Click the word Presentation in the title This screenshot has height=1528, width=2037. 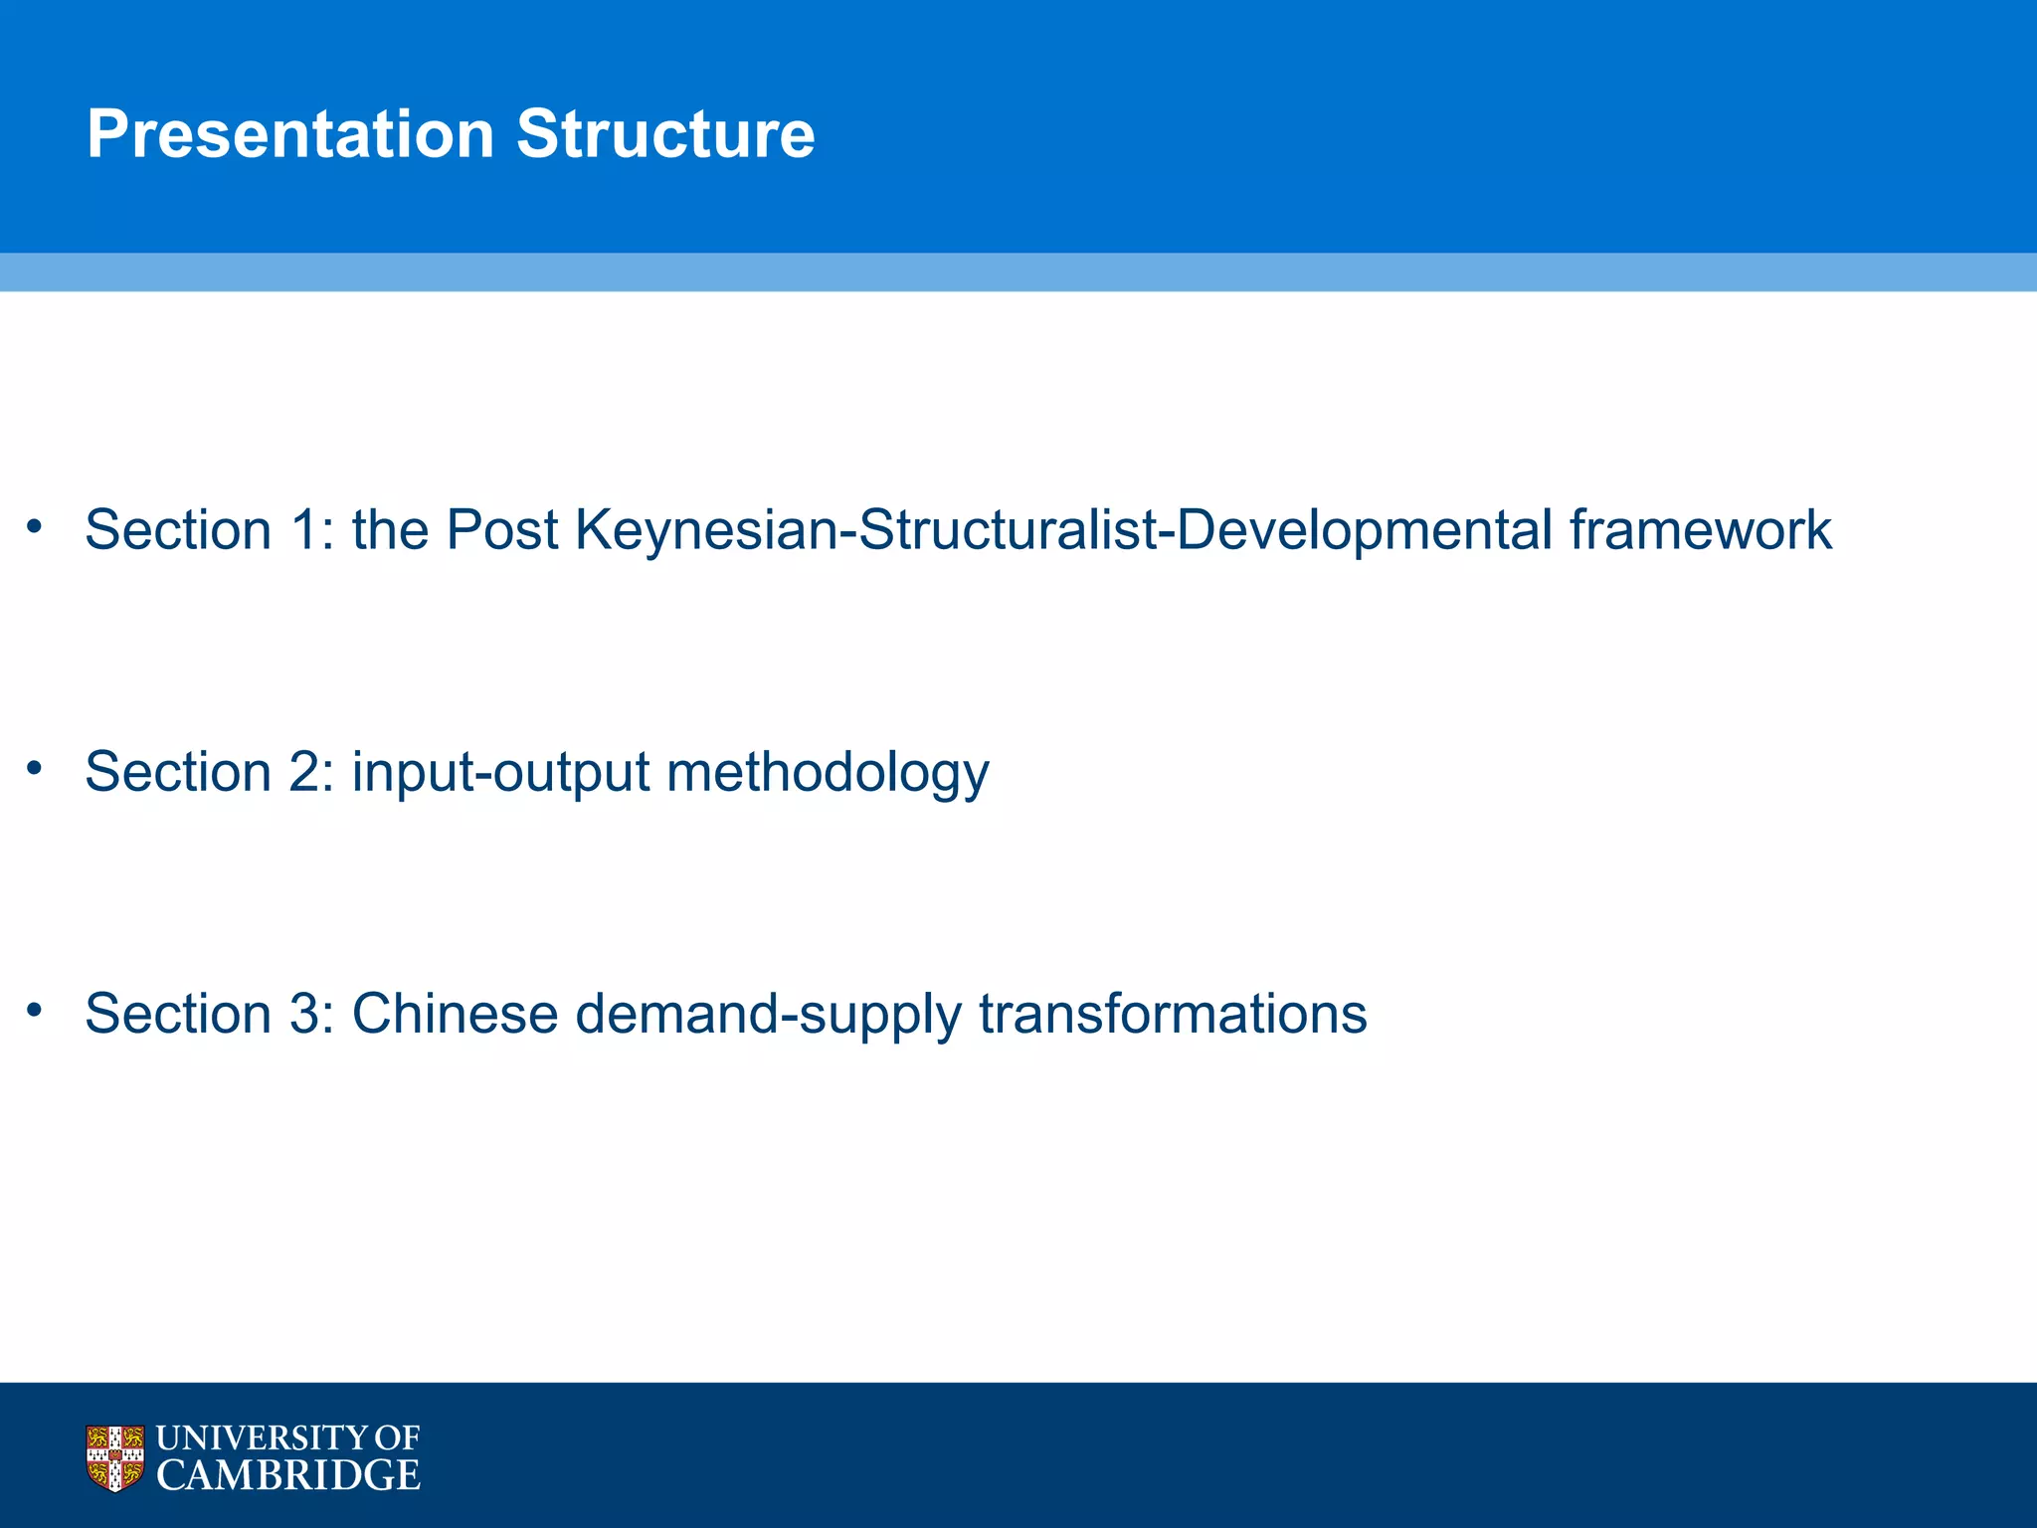(290, 134)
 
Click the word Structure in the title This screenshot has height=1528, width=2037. (665, 134)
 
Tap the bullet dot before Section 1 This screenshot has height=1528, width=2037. (35, 525)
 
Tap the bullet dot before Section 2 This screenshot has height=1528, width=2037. (35, 767)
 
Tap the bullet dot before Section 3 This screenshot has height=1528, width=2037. (35, 1010)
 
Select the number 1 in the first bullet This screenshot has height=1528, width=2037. (304, 529)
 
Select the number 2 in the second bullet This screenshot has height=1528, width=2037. (304, 772)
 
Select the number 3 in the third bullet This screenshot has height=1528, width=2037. (304, 1014)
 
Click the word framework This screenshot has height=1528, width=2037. (1700, 529)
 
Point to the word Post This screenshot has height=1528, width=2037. (501, 529)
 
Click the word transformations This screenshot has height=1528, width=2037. (1173, 1014)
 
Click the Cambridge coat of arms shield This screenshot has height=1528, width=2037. (115, 1458)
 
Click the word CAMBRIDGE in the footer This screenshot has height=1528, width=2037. (288, 1476)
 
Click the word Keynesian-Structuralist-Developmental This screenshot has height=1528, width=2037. (1063, 529)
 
